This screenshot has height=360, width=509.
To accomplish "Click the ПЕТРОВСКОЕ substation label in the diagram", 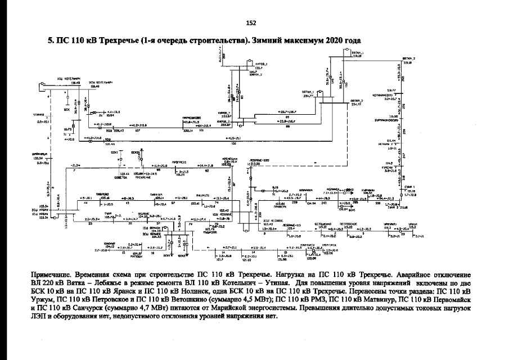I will click(349, 223).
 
